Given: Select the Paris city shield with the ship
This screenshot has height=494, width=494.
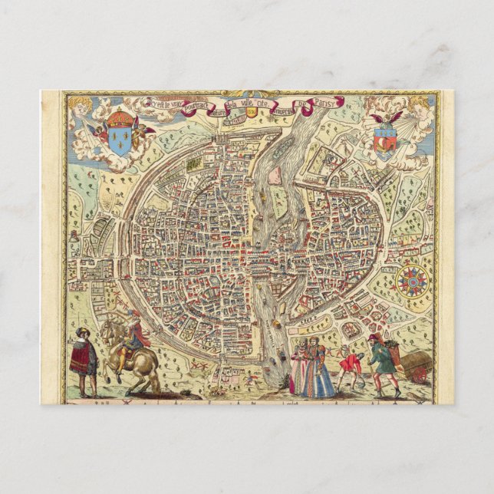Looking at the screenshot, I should tap(387, 141).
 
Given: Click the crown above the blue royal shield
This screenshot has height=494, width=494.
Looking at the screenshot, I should tap(119, 120).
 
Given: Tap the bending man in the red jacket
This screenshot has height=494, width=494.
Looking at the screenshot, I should tap(350, 364).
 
